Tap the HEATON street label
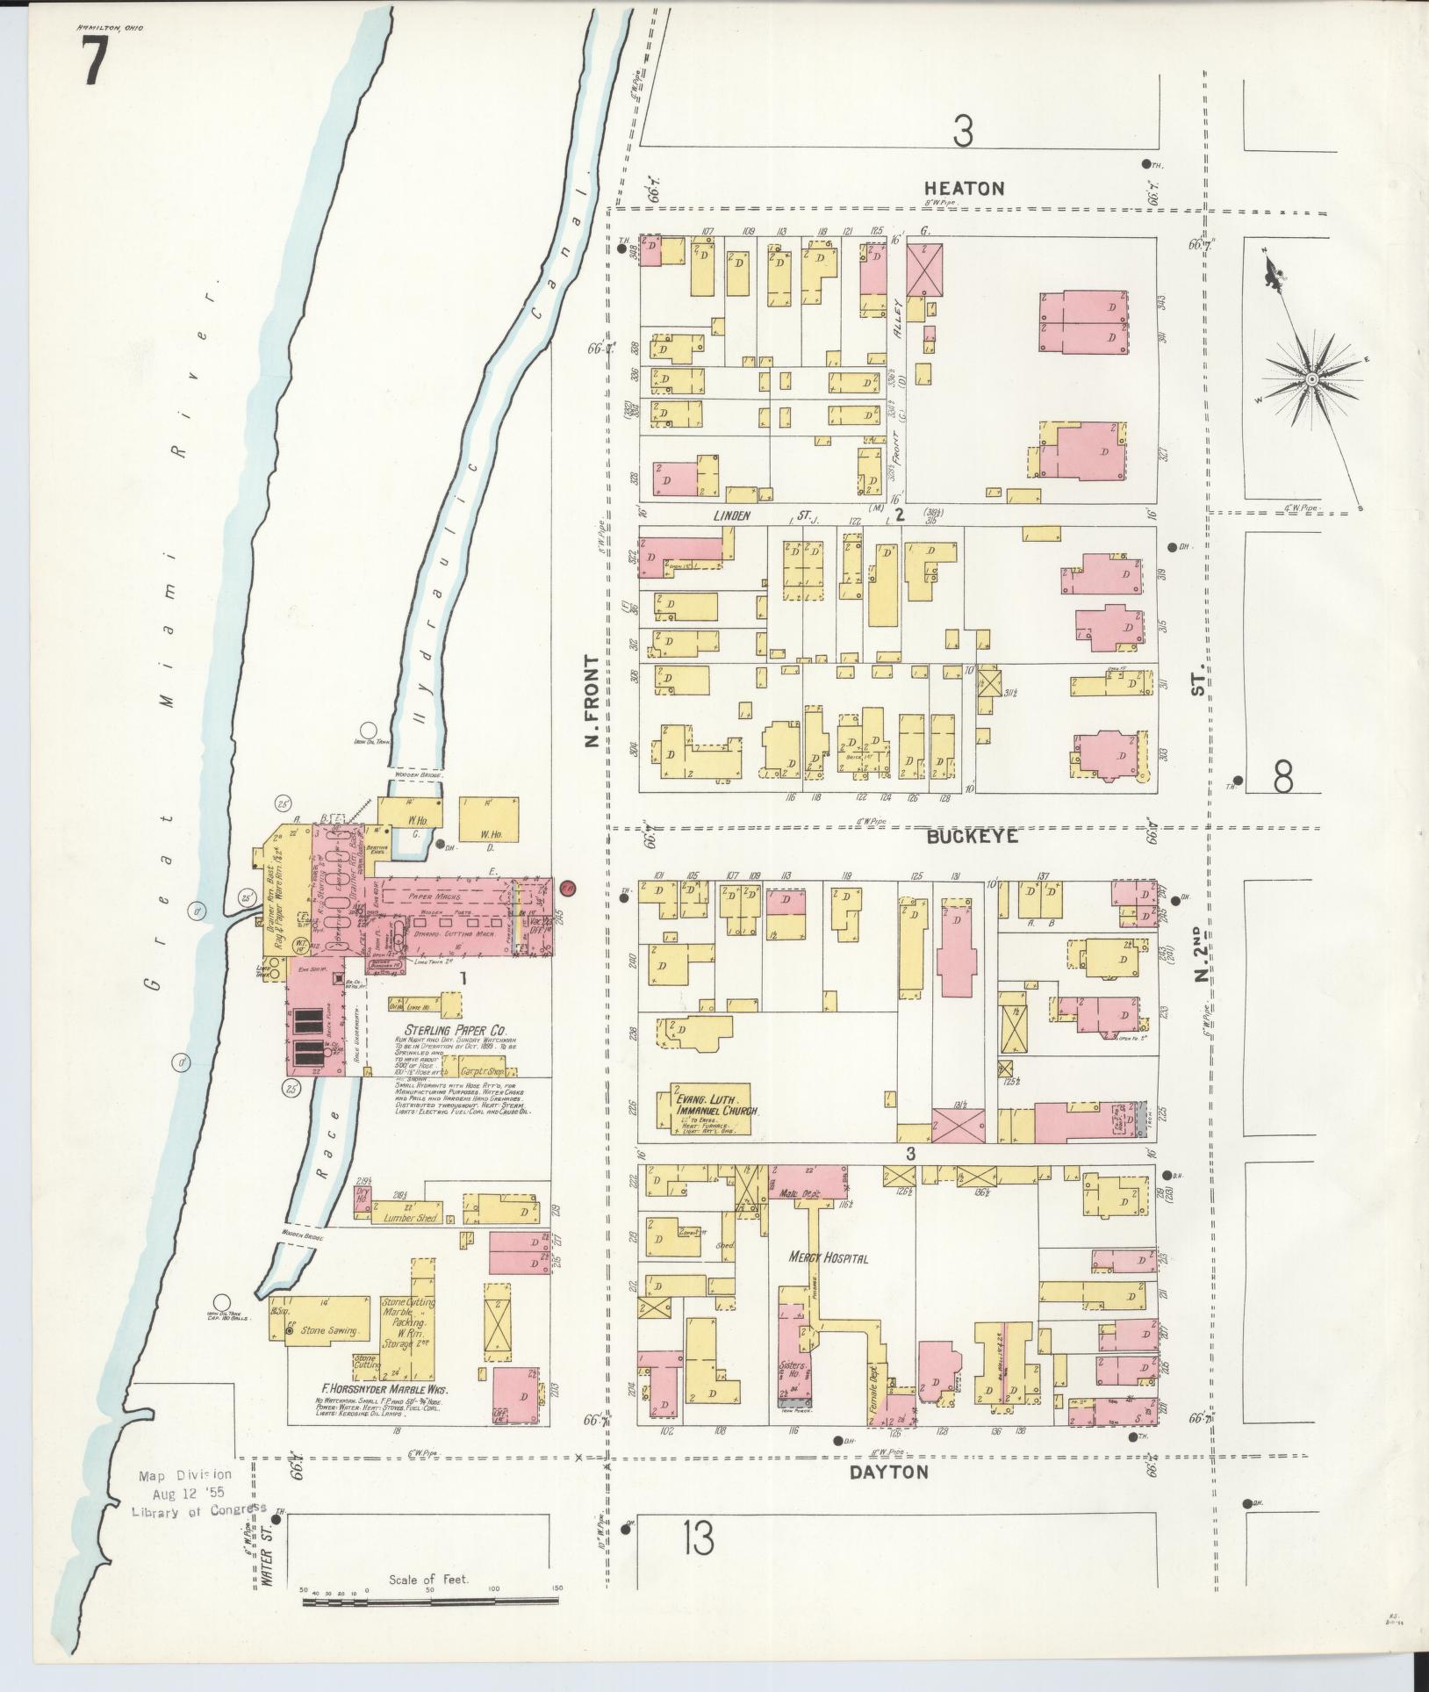[963, 188]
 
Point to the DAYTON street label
[888, 1472]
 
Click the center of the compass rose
[1311, 379]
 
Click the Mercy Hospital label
[828, 1258]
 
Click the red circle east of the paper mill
[567, 888]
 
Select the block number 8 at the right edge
[1283, 777]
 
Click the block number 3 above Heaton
[963, 132]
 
